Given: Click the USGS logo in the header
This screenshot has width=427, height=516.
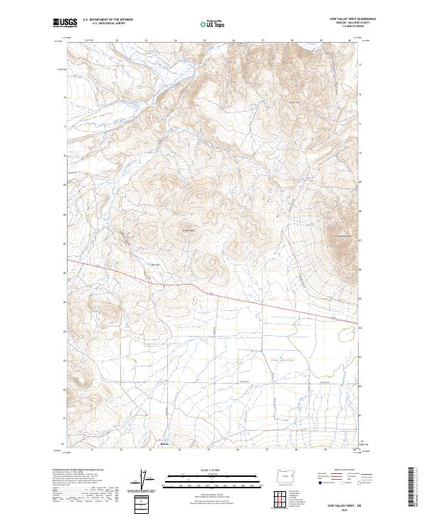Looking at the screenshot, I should pos(65,23).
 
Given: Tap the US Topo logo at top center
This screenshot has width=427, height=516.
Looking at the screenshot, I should pos(213,23).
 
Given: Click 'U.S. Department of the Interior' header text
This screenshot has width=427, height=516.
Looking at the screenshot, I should pos(107,20).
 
